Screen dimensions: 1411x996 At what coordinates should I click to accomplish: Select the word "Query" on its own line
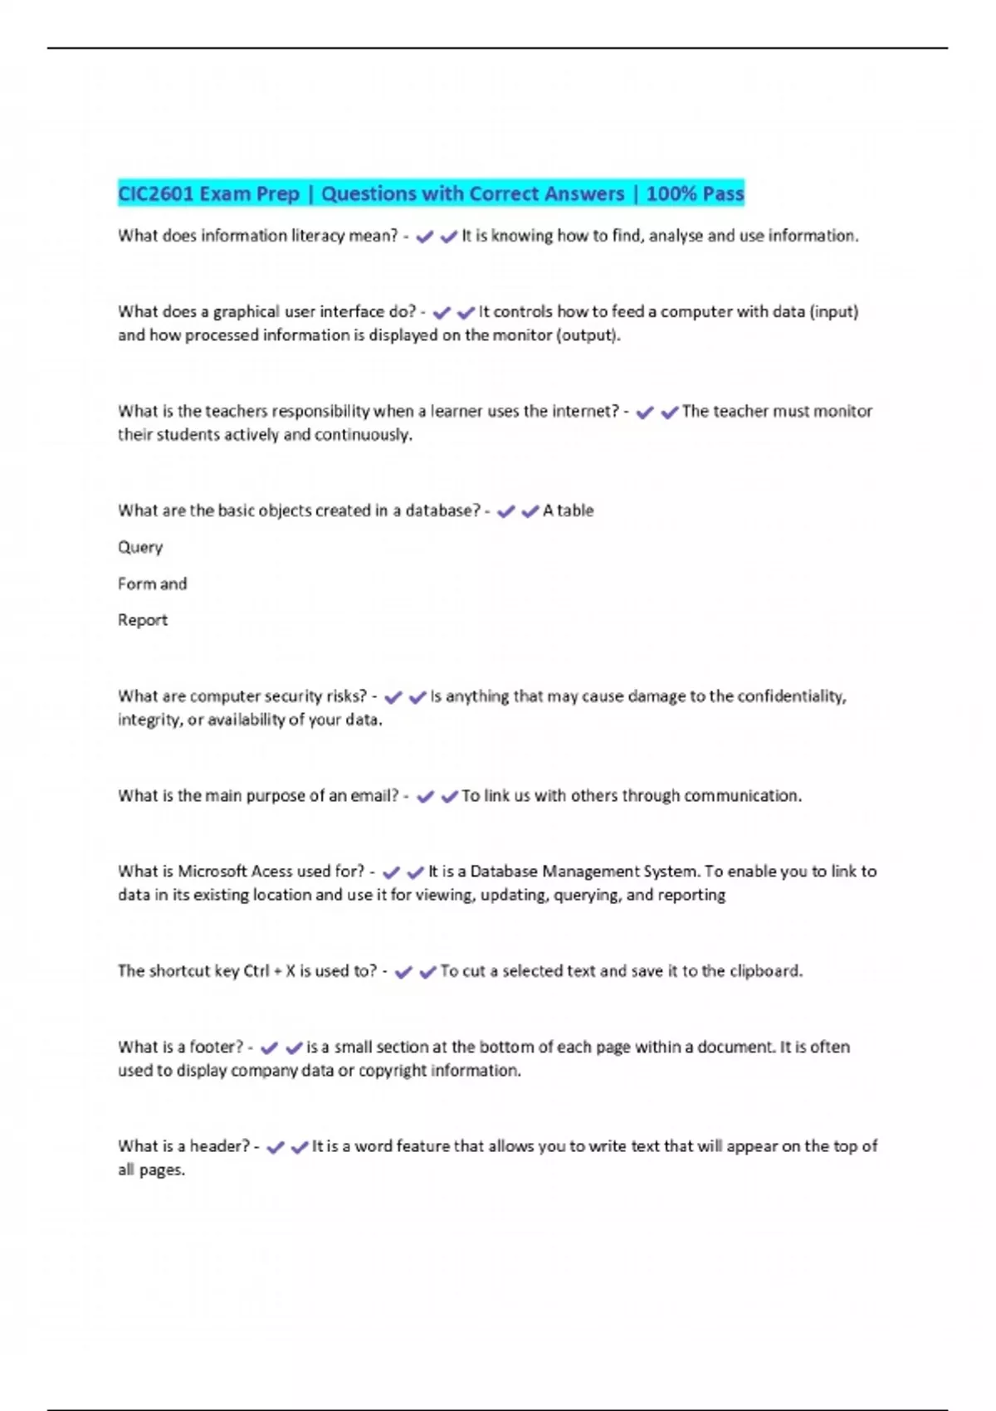(140, 548)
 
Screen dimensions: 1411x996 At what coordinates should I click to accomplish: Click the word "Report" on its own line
(143, 621)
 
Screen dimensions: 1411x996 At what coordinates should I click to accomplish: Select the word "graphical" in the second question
(247, 312)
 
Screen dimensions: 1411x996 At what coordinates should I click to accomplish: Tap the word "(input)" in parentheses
(833, 312)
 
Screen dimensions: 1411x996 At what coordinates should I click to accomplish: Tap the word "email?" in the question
(374, 796)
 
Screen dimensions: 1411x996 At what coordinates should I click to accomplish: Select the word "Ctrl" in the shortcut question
(256, 971)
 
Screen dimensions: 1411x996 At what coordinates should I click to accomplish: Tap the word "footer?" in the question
(217, 1047)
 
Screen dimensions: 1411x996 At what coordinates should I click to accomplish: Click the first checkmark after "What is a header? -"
(276, 1147)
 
